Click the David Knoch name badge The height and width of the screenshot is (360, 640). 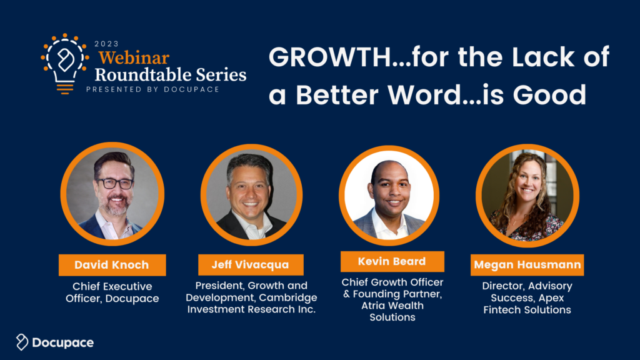point(112,265)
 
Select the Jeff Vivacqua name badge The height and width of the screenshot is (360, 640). point(251,264)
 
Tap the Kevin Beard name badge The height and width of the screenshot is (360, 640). point(392,261)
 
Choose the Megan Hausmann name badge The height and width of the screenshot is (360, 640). point(527,265)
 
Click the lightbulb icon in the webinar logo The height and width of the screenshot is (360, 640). point(65,64)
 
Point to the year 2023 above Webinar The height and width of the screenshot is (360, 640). point(106,44)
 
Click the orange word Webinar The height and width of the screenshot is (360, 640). point(134,58)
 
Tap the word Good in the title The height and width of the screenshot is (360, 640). point(549,95)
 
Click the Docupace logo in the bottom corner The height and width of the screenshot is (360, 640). point(55,342)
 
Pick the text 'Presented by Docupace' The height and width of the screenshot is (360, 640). point(153,89)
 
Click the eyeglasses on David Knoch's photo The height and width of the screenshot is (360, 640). point(115,184)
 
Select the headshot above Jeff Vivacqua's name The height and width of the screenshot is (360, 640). point(251,195)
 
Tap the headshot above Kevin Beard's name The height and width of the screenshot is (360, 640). point(389,196)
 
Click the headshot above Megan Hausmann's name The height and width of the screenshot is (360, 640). point(527,196)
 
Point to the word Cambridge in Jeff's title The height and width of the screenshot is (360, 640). point(288,297)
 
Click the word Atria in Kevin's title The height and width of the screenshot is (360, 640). point(373,306)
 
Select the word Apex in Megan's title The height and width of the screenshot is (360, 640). point(551,298)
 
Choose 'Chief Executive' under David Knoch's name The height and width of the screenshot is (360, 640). point(112,286)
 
